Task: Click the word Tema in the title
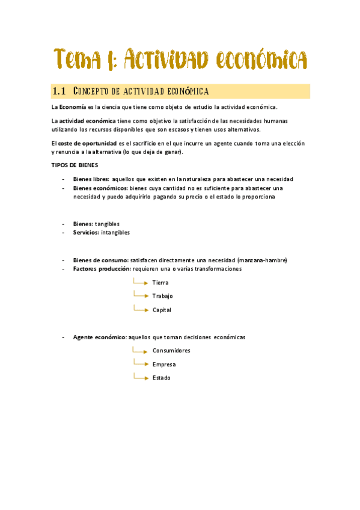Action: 78,60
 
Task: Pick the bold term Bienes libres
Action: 91,179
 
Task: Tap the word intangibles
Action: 115,232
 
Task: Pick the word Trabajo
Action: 162,296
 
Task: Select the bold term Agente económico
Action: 99,337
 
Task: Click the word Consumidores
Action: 171,351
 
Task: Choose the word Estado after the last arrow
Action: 161,378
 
